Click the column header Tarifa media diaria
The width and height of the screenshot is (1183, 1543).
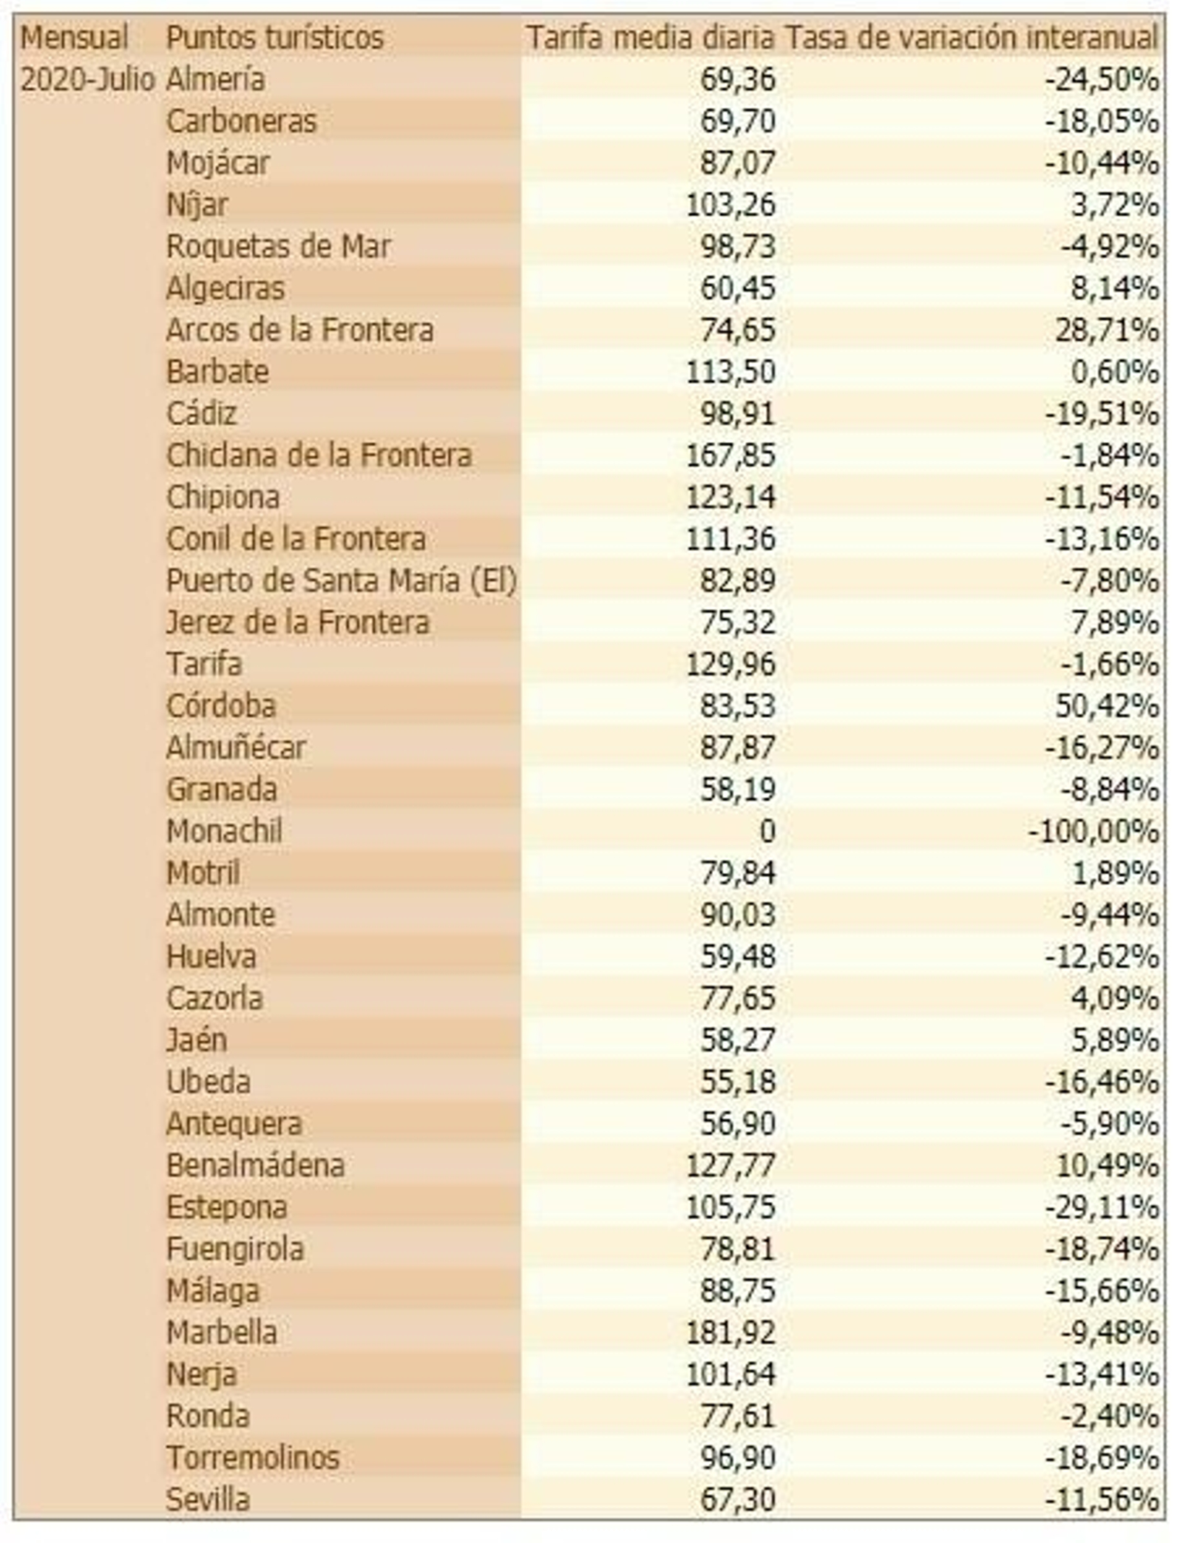click(650, 38)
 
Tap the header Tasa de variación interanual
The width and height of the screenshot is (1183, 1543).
click(971, 38)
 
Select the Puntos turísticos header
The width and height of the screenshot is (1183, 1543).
click(274, 38)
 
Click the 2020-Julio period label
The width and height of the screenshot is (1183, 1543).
click(87, 80)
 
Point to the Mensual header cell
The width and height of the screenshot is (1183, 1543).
click(74, 38)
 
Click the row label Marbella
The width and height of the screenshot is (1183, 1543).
click(222, 1332)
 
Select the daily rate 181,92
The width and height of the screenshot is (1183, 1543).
click(731, 1332)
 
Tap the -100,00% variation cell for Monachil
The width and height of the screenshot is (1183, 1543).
click(1093, 832)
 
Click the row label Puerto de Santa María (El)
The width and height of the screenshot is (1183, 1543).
click(341, 581)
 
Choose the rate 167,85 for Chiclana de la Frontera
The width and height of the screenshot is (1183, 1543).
click(731, 455)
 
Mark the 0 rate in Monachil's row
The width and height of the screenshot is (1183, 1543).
click(767, 832)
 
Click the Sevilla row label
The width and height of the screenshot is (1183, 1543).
click(208, 1499)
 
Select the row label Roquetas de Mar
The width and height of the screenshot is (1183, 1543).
click(278, 247)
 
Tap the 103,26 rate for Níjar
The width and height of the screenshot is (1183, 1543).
click(731, 205)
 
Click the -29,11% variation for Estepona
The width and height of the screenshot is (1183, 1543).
click(1102, 1207)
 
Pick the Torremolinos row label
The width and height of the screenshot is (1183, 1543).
click(252, 1458)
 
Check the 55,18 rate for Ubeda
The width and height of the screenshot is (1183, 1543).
click(737, 1082)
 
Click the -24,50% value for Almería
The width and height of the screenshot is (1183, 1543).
click(1102, 80)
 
